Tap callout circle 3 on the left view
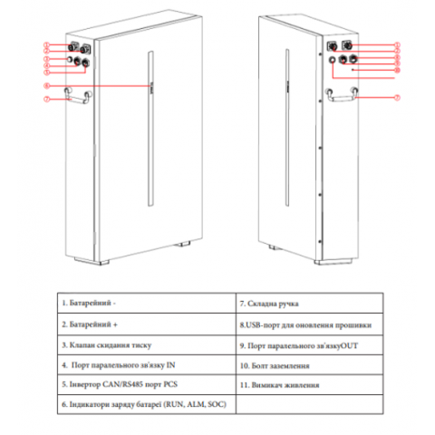click(47, 59)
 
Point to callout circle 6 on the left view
click(47, 86)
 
